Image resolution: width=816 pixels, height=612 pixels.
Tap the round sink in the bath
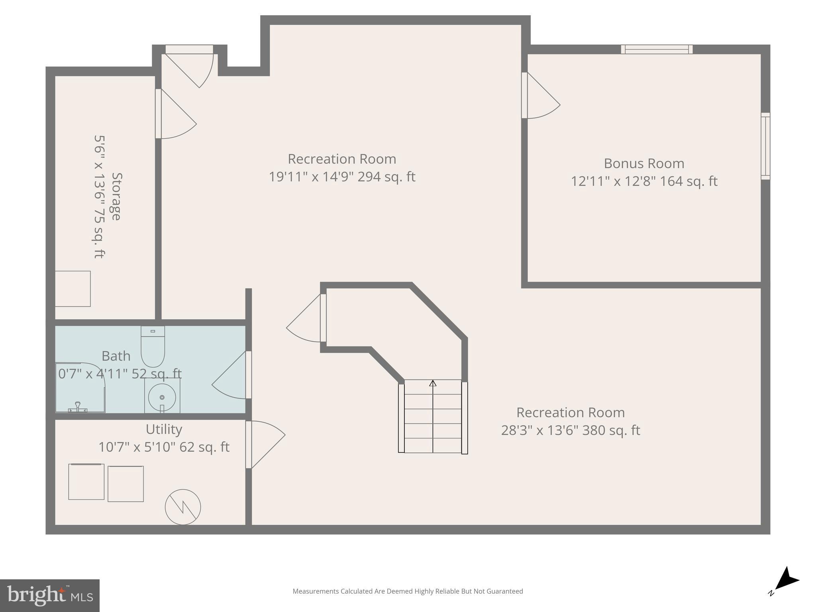[162, 397]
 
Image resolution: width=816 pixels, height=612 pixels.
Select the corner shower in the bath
[80, 387]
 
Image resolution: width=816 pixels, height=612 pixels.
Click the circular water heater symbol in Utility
[183, 507]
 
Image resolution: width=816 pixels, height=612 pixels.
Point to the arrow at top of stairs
[433, 383]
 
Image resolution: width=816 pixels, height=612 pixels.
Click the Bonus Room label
[644, 163]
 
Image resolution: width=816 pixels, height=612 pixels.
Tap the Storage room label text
[116, 196]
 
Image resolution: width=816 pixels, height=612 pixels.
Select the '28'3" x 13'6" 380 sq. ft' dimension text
[570, 430]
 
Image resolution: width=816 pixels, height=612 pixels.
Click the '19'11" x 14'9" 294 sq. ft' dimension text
[342, 177]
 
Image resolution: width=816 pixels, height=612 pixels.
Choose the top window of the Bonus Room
[657, 49]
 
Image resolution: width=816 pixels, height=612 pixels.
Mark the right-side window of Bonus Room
[765, 146]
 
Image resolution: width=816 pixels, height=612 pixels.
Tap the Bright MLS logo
[49, 595]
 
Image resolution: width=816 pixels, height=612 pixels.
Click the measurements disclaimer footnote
[408, 591]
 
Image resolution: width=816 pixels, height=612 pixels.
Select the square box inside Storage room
[73, 288]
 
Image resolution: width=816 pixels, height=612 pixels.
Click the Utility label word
[164, 429]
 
